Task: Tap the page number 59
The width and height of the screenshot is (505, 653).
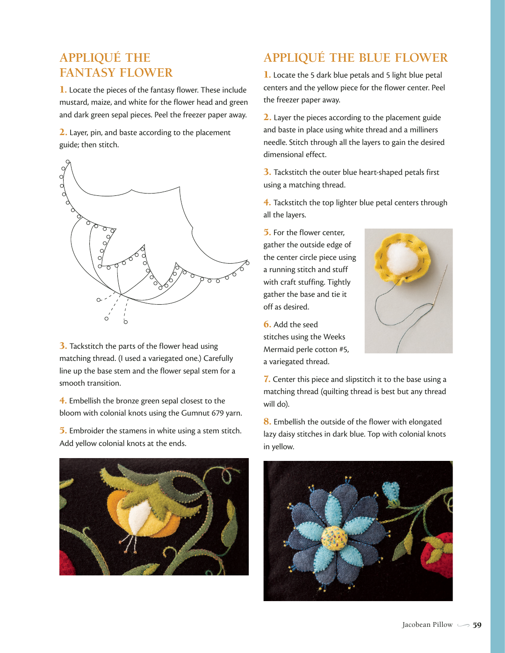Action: [477, 625]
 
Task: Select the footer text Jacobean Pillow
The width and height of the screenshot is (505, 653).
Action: [427, 625]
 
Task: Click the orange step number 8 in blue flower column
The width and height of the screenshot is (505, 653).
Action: [267, 422]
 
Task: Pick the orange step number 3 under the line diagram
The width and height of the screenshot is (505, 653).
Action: [63, 346]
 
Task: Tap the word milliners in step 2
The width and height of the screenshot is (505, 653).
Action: [424, 130]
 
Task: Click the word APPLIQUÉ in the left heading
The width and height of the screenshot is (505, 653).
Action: [90, 58]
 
